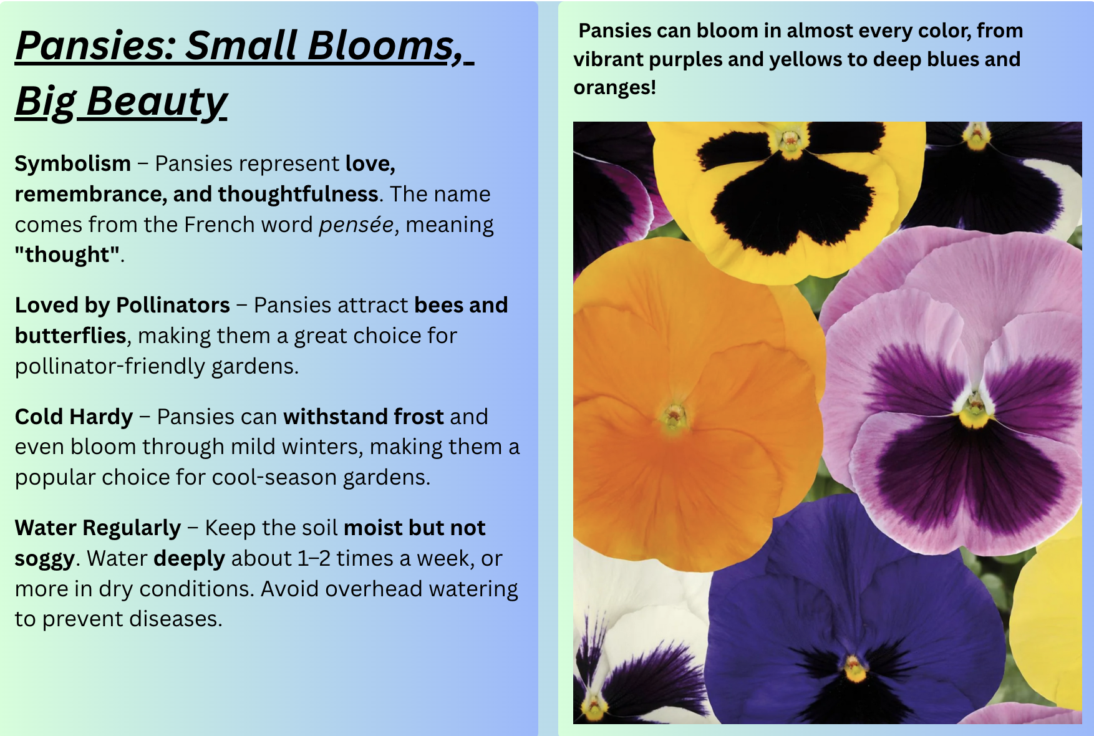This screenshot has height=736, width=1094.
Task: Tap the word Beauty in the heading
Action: [157, 102]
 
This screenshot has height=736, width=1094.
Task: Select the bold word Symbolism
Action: [73, 163]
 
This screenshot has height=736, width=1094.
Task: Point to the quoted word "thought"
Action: [67, 254]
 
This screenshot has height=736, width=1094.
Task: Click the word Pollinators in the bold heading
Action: [173, 305]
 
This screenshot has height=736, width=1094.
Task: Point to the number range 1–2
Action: [314, 558]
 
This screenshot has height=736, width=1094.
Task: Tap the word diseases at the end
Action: [175, 619]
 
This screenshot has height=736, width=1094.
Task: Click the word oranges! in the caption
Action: [615, 88]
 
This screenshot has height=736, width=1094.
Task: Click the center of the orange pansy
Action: [674, 415]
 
